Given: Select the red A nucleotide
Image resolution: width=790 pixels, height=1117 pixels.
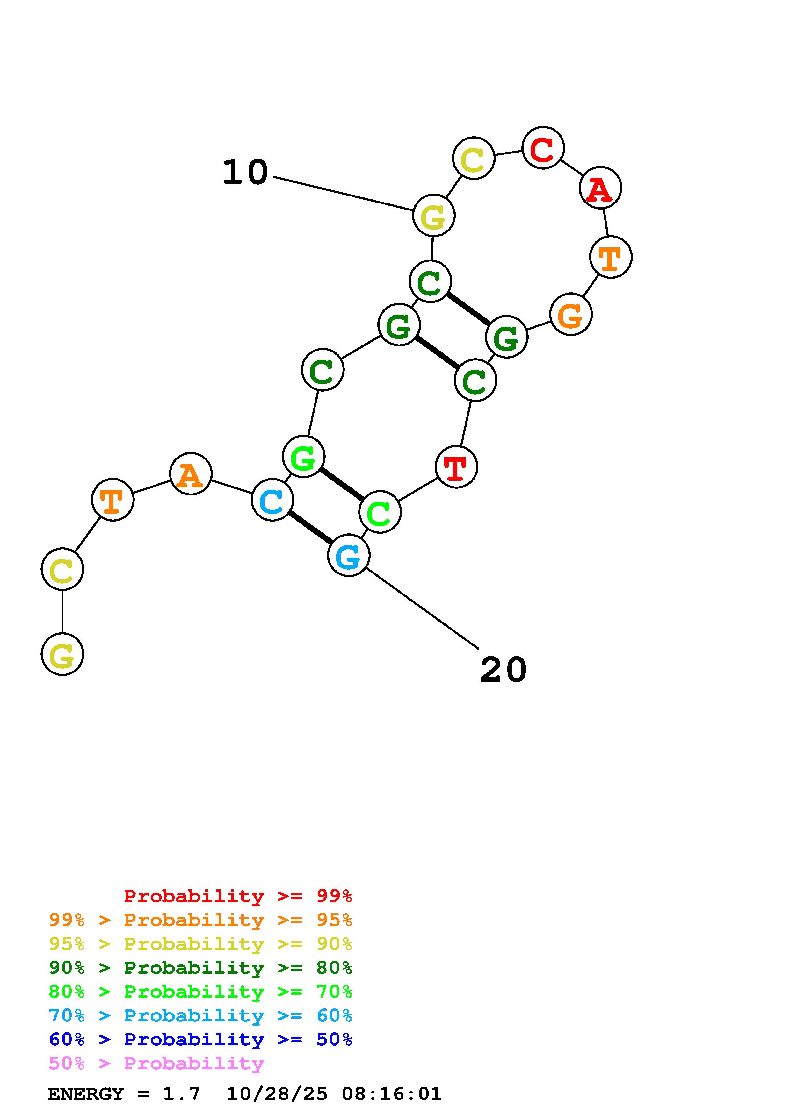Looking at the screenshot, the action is tap(600, 188).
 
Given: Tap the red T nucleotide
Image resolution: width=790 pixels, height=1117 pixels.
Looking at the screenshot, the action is tap(456, 467).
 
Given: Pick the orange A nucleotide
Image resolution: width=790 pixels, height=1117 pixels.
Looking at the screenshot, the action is tap(191, 474).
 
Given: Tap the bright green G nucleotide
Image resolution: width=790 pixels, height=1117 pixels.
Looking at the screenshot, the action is tap(304, 457).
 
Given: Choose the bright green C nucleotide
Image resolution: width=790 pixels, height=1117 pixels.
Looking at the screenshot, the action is tap(380, 512).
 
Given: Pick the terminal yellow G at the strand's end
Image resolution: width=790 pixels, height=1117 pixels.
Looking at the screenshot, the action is tap(62, 654).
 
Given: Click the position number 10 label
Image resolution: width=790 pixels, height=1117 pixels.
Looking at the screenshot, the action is tap(245, 173).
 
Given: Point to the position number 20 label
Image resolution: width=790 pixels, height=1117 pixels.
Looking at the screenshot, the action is tap(503, 670).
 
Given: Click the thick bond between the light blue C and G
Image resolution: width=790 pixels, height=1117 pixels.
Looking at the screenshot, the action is tap(310, 528).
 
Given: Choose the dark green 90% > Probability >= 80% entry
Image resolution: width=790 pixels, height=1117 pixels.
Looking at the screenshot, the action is tap(200, 968).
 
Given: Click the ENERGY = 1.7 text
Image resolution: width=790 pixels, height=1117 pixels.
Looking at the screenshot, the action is tap(124, 1094).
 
